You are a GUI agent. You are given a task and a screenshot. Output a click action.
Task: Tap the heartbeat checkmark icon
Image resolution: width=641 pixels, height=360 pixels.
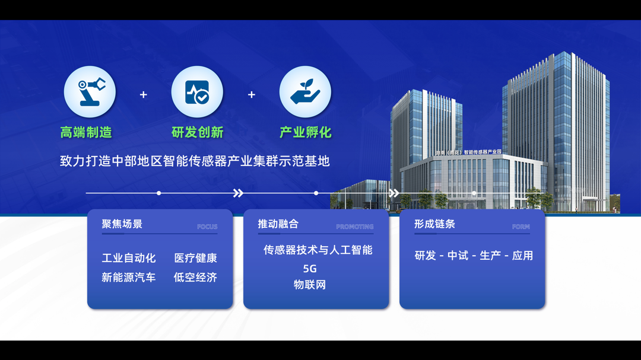[x=198, y=92]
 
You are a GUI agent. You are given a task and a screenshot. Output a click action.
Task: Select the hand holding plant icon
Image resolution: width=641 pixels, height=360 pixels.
[x=305, y=91]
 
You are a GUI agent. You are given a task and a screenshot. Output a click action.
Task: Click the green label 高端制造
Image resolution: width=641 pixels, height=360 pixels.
[x=86, y=132]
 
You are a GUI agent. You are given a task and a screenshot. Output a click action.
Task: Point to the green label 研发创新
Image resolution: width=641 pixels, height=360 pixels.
[x=198, y=132]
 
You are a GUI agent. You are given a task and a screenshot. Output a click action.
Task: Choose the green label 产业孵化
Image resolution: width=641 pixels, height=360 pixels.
[x=306, y=132]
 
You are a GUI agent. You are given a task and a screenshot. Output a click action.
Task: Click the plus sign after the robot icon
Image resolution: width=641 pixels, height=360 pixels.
[x=144, y=95]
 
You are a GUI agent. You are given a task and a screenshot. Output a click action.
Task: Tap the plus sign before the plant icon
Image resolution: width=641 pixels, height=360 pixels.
[x=252, y=95]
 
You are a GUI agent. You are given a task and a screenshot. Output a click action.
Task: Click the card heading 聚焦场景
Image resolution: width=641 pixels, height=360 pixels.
[x=122, y=224]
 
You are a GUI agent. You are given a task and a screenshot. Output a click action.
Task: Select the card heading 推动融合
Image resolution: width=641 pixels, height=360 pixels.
[x=278, y=224]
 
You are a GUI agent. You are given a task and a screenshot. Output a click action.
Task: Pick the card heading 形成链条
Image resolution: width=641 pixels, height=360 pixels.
[x=434, y=224]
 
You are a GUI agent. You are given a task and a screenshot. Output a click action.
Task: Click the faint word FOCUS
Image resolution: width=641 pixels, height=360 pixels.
[x=207, y=227]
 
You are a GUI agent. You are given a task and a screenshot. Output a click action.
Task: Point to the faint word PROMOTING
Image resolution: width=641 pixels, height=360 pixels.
[x=355, y=227]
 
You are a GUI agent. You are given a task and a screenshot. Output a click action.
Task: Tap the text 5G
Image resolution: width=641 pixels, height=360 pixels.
[x=310, y=269]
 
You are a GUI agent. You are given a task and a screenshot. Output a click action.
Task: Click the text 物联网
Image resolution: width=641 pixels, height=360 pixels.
[x=310, y=285]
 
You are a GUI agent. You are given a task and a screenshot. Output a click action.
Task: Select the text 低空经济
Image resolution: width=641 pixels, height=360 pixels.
[x=195, y=278]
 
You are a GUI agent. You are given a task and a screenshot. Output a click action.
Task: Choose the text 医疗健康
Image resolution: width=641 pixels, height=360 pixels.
[x=195, y=258]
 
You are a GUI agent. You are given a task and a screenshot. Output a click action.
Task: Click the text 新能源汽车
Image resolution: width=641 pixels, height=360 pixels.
[x=129, y=278]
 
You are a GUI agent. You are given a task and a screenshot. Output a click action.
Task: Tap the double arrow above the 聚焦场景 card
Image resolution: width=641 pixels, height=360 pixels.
[x=239, y=193]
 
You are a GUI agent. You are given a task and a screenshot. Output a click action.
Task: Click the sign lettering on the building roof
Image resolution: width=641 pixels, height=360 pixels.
[x=468, y=152]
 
